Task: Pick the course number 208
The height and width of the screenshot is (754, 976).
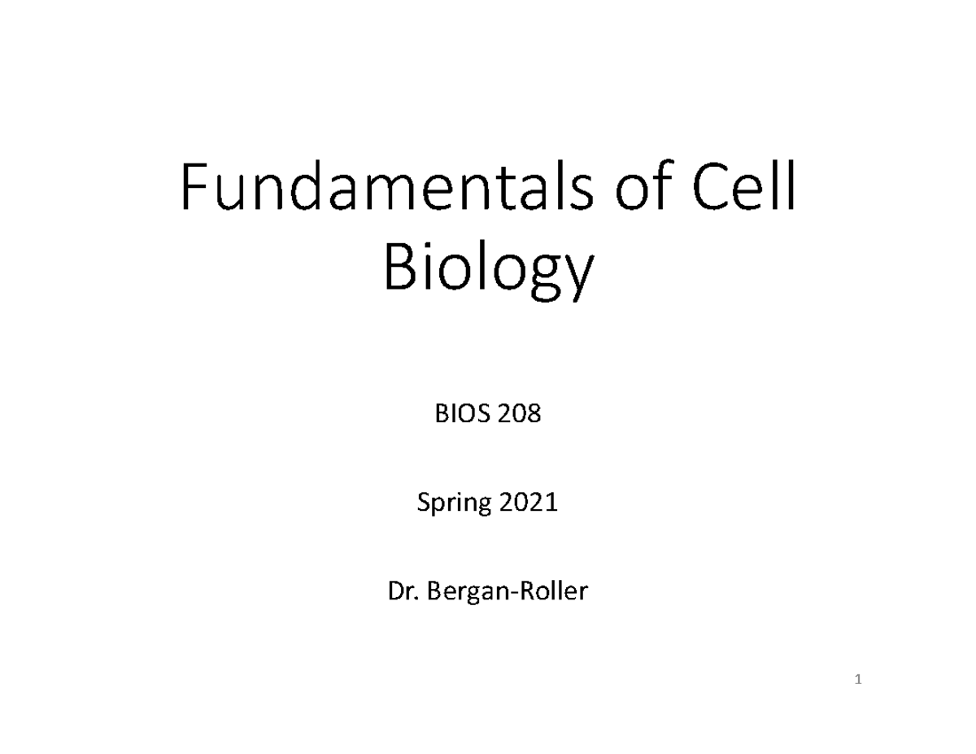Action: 520,416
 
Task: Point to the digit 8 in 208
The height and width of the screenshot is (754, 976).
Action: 534,416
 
